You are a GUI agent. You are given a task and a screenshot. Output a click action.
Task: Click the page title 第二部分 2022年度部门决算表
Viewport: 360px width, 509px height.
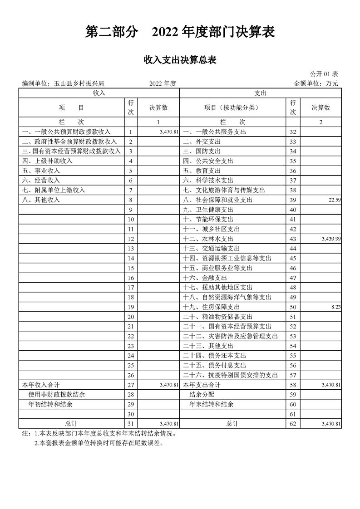[180, 32]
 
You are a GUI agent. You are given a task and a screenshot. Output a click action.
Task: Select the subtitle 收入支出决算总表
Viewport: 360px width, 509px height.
[180, 59]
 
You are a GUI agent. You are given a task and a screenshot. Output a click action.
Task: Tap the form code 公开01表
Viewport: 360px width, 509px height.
[324, 74]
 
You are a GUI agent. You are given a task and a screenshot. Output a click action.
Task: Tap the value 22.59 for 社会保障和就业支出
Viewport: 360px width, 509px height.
[334, 200]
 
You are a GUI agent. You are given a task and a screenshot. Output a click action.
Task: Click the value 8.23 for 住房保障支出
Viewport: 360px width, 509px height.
[336, 307]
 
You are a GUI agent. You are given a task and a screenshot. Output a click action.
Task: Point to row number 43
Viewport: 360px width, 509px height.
[292, 239]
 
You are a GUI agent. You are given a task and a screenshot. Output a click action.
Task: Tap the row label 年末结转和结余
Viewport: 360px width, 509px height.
[212, 404]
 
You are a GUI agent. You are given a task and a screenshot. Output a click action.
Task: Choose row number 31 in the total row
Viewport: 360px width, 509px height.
[131, 424]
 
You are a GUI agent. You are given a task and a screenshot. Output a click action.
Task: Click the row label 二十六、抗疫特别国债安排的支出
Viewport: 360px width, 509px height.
[234, 375]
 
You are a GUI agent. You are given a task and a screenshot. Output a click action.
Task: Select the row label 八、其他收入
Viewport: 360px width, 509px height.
[41, 200]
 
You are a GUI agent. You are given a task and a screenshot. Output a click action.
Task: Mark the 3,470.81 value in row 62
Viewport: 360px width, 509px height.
[330, 424]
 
